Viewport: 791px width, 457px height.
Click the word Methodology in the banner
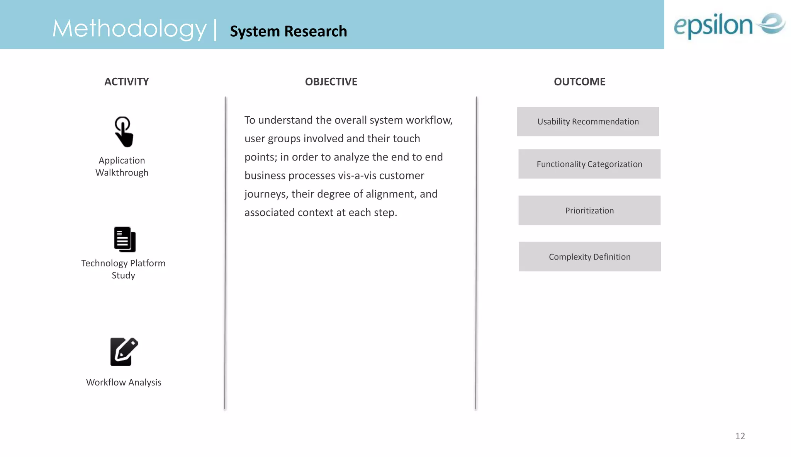tap(129, 29)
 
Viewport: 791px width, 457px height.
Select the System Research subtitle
tap(288, 31)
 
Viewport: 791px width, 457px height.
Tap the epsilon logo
tap(729, 25)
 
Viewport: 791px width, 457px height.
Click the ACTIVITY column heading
tap(126, 82)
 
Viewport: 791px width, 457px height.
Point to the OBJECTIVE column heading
tap(331, 82)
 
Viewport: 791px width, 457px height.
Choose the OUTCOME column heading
tap(579, 82)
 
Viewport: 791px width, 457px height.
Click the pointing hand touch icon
tap(124, 132)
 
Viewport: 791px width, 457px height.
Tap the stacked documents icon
tap(125, 239)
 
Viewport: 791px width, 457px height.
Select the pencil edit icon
tap(124, 351)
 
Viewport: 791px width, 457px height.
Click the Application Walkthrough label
tap(122, 167)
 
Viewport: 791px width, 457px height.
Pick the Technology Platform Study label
tap(123, 269)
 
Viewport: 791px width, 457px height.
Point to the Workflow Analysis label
tap(124, 382)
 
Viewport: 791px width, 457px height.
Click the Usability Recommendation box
tap(588, 121)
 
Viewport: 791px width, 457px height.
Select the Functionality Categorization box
tap(589, 164)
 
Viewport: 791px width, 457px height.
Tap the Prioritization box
tap(589, 210)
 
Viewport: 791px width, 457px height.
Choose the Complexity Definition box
tap(589, 257)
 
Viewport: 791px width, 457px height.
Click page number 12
tap(740, 436)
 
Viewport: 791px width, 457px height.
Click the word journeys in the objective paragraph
tap(266, 194)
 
